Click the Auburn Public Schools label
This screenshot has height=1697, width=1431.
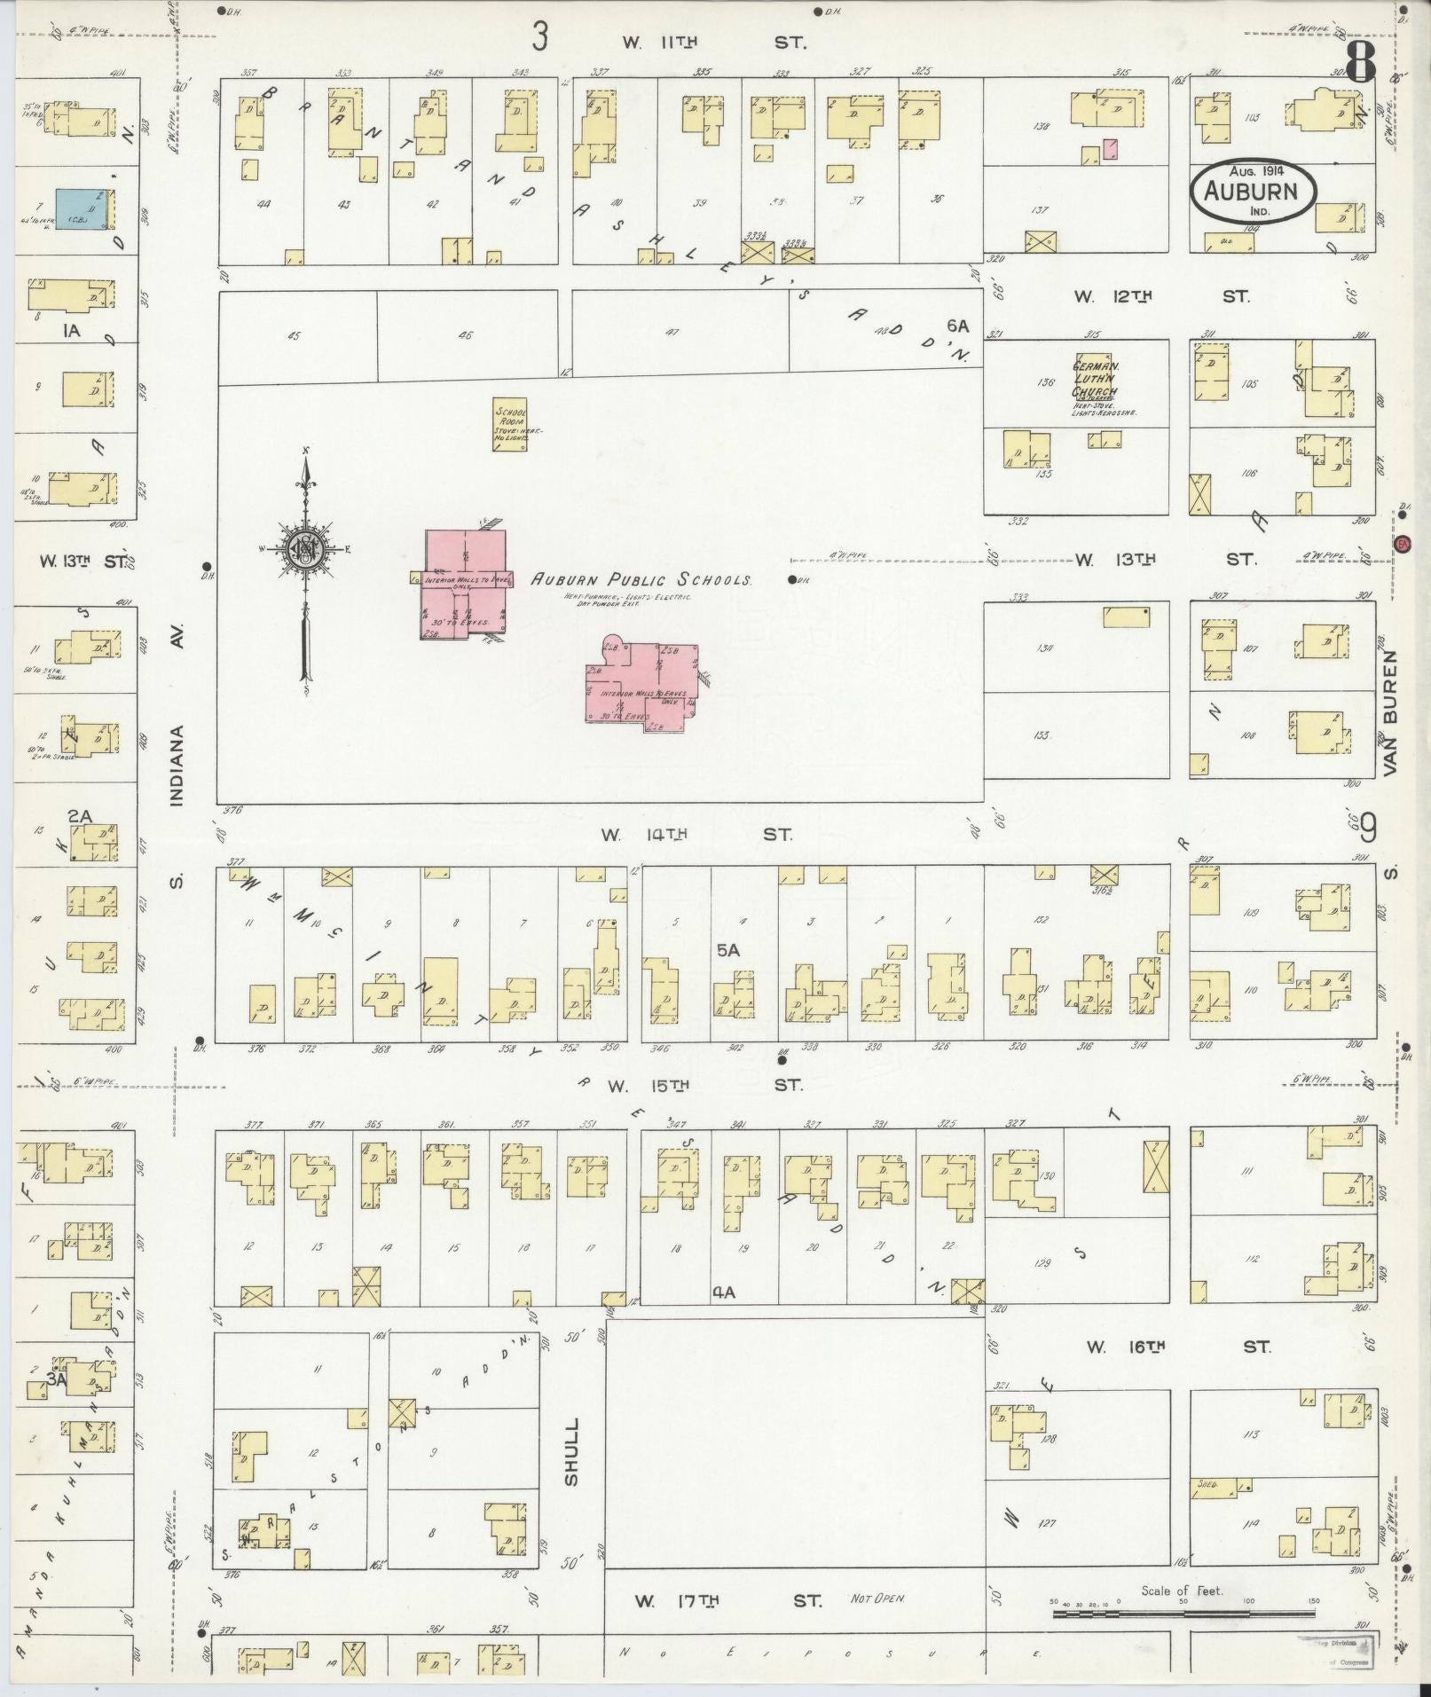(x=641, y=580)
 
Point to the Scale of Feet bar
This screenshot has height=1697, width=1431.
(x=1183, y=1613)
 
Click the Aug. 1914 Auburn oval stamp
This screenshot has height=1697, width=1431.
(x=1253, y=191)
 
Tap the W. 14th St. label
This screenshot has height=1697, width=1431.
(x=696, y=834)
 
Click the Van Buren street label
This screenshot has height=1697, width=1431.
(x=1390, y=714)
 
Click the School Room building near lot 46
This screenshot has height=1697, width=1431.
(x=510, y=424)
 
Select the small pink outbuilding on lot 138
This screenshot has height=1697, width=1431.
(x=1109, y=149)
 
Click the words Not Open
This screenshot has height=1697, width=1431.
(x=877, y=1599)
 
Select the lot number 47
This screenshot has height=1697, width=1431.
(x=672, y=332)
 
